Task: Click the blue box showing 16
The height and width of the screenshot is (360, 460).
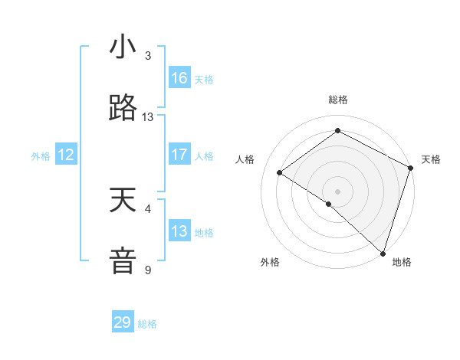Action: click(x=179, y=78)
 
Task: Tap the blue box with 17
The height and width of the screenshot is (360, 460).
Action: click(x=179, y=155)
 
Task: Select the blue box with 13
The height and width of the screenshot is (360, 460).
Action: click(x=179, y=231)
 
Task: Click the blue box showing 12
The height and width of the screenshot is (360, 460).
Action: click(x=65, y=155)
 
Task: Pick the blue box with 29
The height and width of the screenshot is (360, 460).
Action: click(x=123, y=322)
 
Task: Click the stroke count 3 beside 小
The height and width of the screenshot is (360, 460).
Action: click(x=148, y=56)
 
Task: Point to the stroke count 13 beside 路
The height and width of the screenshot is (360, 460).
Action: click(x=148, y=117)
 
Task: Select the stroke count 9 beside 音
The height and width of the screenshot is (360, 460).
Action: click(x=148, y=270)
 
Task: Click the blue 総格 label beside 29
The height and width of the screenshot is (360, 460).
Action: click(x=147, y=324)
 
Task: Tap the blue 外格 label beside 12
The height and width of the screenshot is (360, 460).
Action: click(x=41, y=156)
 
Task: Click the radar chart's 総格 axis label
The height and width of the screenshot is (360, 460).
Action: click(x=338, y=100)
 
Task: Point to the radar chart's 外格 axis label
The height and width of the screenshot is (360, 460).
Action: click(x=269, y=262)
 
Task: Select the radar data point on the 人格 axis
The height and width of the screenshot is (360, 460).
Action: click(x=280, y=172)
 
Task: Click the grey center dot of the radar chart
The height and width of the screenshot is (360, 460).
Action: click(x=338, y=191)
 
